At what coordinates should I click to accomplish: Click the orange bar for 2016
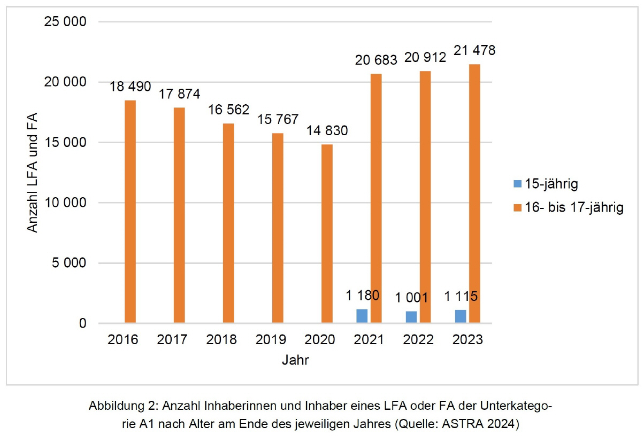pyautogui.click(x=131, y=212)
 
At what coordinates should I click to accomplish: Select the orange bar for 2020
pyautogui.click(x=327, y=234)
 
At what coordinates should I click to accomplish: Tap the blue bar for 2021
pyautogui.click(x=362, y=316)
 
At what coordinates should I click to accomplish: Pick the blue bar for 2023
pyautogui.click(x=460, y=316)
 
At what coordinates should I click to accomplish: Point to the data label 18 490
pyautogui.click(x=131, y=87)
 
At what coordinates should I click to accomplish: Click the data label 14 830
pyautogui.click(x=327, y=131)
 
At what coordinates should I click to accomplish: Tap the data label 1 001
pyautogui.click(x=412, y=298)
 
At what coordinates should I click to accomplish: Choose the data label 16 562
pyautogui.click(x=229, y=110)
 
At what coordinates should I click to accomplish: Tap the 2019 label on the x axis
pyautogui.click(x=271, y=340)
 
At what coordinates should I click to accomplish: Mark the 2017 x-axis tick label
pyautogui.click(x=173, y=340)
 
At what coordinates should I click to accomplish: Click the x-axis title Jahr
pyautogui.click(x=295, y=360)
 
